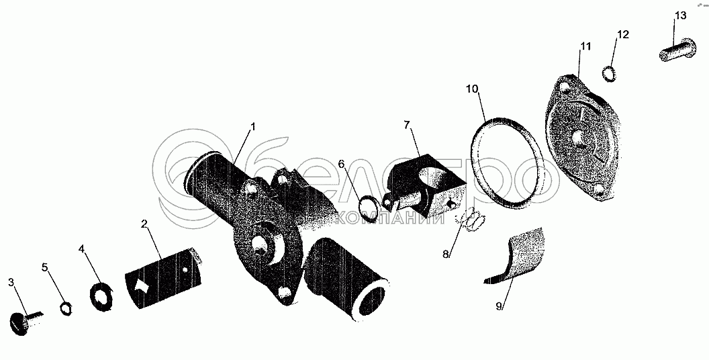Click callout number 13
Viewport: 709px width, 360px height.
click(681, 15)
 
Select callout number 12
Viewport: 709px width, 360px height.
click(622, 35)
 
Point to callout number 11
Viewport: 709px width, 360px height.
click(585, 46)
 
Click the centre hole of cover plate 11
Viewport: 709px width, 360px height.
click(577, 137)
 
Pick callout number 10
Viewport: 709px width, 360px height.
click(472, 89)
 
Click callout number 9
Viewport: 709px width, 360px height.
click(499, 306)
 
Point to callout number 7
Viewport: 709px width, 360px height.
click(407, 126)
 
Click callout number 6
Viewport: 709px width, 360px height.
click(342, 165)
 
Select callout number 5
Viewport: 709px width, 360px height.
click(45, 267)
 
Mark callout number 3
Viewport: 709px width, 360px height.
click(11, 281)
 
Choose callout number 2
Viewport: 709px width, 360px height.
click(144, 224)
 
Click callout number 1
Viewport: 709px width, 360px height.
click(252, 126)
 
